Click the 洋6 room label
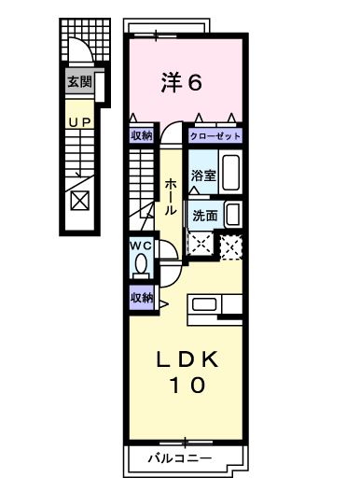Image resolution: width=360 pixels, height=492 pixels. click(x=185, y=83)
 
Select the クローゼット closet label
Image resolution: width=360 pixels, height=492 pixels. click(x=215, y=136)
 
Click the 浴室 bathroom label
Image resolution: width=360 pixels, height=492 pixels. click(x=202, y=175)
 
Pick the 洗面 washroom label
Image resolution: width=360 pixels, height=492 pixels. click(x=204, y=214)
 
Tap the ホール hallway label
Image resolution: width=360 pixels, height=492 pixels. click(x=171, y=196)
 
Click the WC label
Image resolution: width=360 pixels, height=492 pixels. click(x=140, y=246)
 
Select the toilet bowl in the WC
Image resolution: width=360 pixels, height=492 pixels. click(x=140, y=266)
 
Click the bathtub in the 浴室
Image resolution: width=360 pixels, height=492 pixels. click(x=232, y=173)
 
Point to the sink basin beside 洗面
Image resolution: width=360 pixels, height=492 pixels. click(x=232, y=214)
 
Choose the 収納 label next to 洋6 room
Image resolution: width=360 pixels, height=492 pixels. click(x=140, y=136)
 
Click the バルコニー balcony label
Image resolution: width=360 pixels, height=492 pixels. click(x=184, y=459)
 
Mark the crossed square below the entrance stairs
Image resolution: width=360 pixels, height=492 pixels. click(x=80, y=201)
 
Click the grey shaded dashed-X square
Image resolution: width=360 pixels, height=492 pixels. click(x=230, y=246)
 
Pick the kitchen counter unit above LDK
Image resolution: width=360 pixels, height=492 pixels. click(x=215, y=305)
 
